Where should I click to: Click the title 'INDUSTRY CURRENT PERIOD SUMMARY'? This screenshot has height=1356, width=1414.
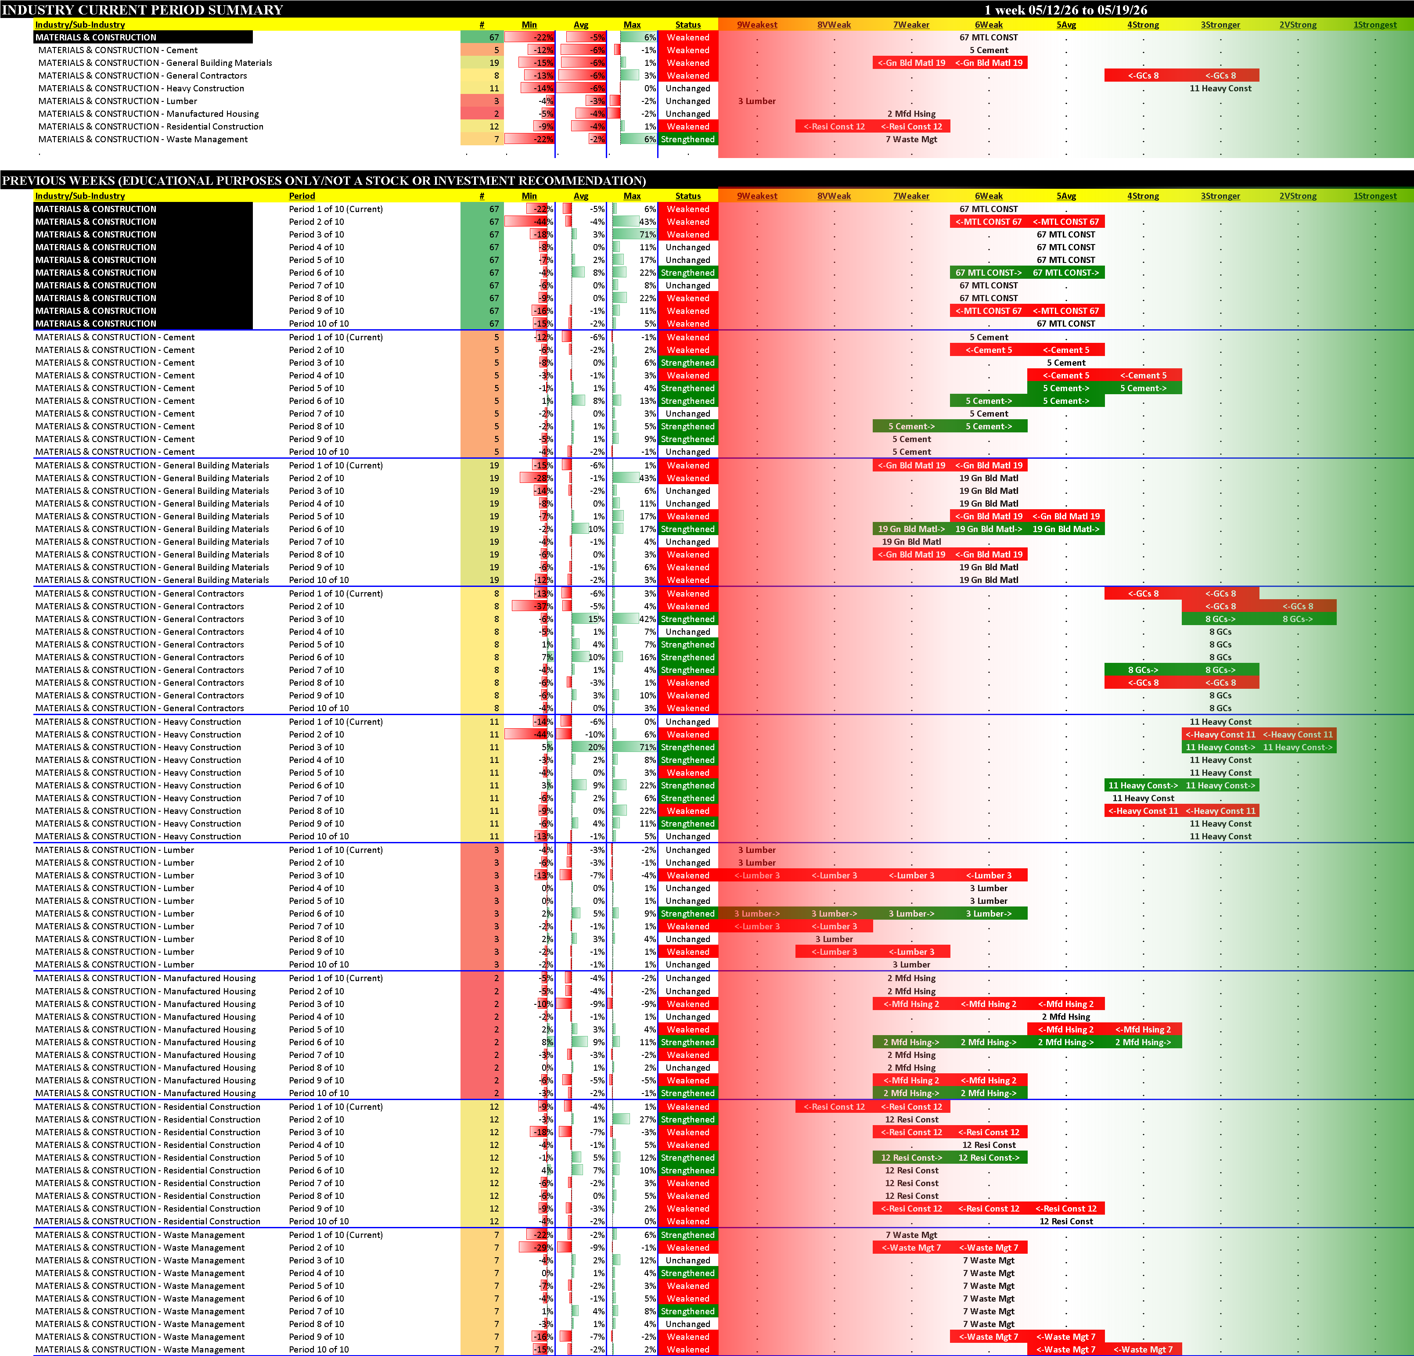143,9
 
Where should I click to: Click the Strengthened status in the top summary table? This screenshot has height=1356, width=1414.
687,139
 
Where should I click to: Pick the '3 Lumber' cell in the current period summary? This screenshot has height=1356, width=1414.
757,101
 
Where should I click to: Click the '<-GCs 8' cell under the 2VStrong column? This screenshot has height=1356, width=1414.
1297,606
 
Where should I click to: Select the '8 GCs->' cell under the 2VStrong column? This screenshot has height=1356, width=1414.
1297,619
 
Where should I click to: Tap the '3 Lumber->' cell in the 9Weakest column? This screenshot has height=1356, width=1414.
757,913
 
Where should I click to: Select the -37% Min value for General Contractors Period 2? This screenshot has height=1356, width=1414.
543,606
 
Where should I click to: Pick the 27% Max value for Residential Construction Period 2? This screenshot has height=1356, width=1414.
647,1119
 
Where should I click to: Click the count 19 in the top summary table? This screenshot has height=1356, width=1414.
494,63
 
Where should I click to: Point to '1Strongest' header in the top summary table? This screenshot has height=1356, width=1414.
1374,25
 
